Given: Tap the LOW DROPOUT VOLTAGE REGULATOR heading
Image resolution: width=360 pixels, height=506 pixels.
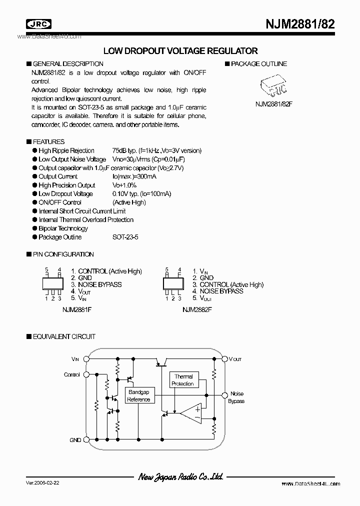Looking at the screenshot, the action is click(x=180, y=51).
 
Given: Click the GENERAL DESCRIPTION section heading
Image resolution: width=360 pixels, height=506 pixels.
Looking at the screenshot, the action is click(x=68, y=64).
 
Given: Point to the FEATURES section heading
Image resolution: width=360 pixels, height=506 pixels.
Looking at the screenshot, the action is click(x=48, y=141).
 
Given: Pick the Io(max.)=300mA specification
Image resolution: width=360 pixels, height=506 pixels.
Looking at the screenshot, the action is click(x=134, y=176).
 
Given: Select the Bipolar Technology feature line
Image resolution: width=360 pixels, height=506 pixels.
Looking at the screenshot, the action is click(x=63, y=228).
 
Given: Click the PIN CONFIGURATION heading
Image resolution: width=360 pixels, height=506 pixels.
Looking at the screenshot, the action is click(x=63, y=254).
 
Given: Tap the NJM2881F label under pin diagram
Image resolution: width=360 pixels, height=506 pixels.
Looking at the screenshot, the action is click(x=77, y=310).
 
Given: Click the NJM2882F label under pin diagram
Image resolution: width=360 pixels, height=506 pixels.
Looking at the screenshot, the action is click(x=197, y=310).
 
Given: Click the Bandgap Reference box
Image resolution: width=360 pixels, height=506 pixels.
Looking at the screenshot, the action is click(x=138, y=396).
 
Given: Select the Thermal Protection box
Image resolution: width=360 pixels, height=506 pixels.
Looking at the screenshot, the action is click(x=183, y=380).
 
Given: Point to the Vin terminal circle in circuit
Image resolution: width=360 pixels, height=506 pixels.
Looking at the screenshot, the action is click(x=85, y=359).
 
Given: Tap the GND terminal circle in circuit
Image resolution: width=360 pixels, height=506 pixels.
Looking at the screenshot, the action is click(x=85, y=440).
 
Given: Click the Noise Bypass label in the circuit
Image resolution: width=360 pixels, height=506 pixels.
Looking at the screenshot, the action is click(x=236, y=397).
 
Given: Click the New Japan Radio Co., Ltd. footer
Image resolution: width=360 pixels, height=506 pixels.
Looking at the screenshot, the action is click(x=180, y=477).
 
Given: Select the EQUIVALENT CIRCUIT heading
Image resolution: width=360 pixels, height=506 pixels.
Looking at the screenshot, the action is click(x=64, y=337).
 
